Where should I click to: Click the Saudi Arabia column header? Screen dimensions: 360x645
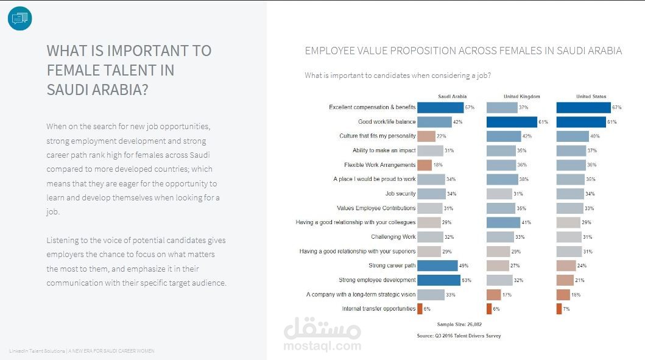[x=453, y=96]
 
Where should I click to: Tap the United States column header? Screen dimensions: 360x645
[x=591, y=96]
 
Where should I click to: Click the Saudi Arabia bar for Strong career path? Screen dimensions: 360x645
[x=437, y=266]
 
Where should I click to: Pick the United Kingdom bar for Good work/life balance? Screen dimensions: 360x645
[x=512, y=122]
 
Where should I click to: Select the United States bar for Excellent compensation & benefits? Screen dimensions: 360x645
[x=583, y=107]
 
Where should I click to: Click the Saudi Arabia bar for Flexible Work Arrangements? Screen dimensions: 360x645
[x=425, y=165]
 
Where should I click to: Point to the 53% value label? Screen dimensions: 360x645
[x=466, y=280]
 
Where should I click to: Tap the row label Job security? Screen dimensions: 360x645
[x=400, y=194]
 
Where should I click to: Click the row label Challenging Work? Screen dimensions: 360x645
[x=393, y=237]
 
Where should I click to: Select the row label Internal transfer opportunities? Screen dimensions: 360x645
[x=379, y=309]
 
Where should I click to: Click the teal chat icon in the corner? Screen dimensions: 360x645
[x=19, y=18]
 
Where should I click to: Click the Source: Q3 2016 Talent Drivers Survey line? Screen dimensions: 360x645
[x=459, y=336]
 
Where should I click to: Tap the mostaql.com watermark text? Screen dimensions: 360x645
[x=322, y=345]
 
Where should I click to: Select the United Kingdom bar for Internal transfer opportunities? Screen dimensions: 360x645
[x=488, y=309]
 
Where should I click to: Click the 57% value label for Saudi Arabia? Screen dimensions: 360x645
[x=470, y=107]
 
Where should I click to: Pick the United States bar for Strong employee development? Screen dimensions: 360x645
[x=565, y=280]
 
